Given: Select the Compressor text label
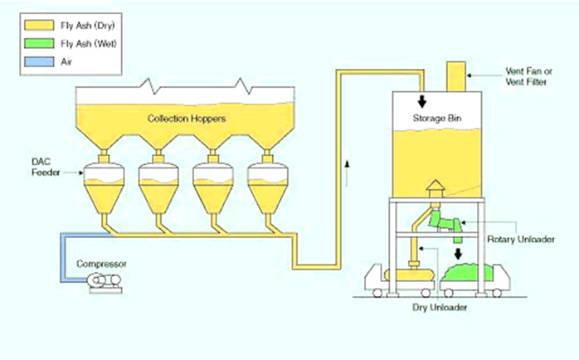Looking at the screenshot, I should pos(101,264).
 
